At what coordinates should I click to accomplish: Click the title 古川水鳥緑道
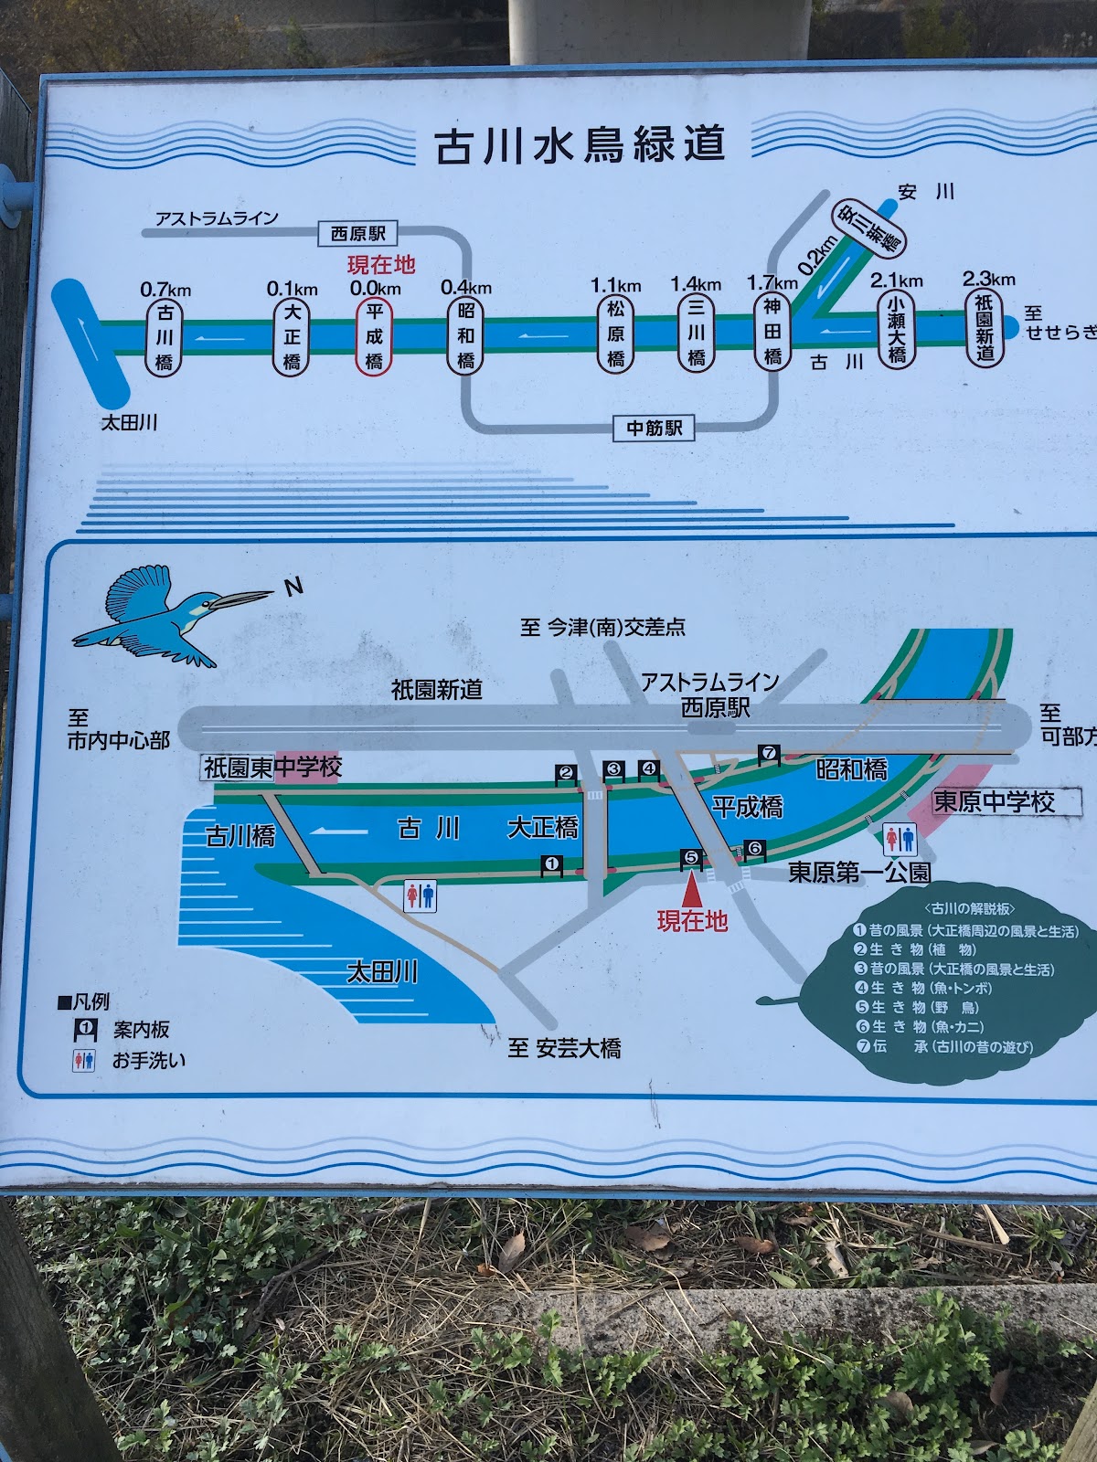tap(580, 145)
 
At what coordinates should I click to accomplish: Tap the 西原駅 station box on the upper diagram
tap(357, 234)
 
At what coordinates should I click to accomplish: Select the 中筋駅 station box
tap(655, 428)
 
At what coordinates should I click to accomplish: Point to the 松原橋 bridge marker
tap(616, 334)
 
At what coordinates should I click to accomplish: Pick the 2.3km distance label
tap(988, 279)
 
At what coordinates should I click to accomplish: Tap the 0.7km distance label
tap(165, 290)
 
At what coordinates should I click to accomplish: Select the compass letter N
tap(293, 587)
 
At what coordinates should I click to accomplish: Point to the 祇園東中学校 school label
tap(272, 768)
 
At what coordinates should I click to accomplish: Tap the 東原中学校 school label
tap(994, 802)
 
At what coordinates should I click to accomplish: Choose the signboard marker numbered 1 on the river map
tap(551, 863)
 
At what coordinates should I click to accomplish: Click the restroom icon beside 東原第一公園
tap(900, 839)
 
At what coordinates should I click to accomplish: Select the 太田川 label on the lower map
tap(382, 971)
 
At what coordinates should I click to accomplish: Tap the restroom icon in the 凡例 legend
tap(84, 1061)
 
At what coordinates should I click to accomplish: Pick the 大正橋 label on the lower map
tap(543, 828)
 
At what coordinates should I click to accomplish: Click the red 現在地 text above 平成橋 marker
tap(381, 265)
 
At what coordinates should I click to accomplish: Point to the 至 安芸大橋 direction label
tap(565, 1048)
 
